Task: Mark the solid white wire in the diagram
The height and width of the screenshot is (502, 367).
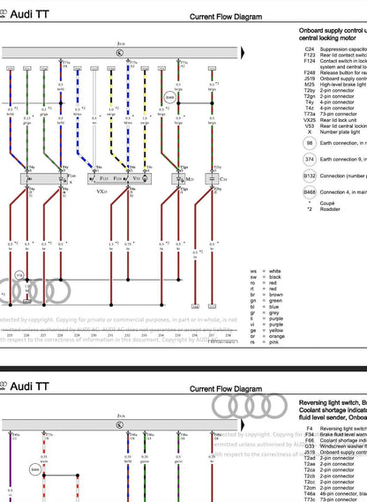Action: (93, 115)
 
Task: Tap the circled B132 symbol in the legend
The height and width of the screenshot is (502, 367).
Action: (309, 176)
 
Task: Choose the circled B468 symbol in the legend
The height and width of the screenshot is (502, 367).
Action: (309, 191)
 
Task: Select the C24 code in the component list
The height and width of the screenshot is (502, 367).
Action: (309, 49)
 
